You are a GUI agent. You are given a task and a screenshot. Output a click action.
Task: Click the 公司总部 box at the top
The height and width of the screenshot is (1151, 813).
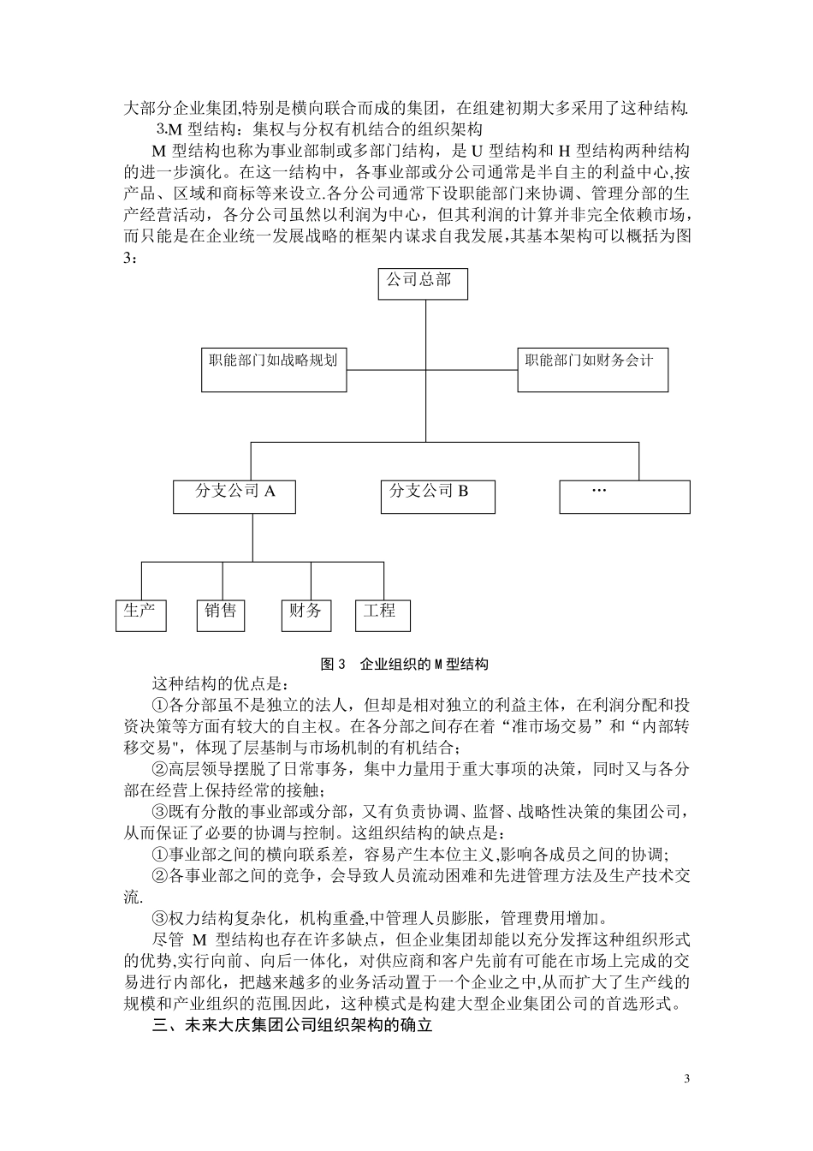(423, 283)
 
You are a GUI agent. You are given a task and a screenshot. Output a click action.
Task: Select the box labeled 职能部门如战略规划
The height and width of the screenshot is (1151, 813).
(274, 369)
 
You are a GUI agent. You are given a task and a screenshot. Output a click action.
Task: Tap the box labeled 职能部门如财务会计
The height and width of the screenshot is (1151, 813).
(592, 369)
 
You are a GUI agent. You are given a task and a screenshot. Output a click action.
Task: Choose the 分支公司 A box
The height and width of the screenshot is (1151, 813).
(235, 496)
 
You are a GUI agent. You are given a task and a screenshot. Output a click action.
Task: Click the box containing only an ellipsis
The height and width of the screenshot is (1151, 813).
(624, 496)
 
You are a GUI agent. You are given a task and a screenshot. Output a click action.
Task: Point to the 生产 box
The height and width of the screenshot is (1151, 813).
(140, 615)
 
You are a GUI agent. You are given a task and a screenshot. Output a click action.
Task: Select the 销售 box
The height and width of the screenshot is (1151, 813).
(221, 615)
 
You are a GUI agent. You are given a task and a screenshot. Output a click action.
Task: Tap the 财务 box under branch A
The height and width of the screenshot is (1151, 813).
(306, 615)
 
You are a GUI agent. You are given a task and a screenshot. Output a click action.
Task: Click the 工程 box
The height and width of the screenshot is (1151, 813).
(382, 615)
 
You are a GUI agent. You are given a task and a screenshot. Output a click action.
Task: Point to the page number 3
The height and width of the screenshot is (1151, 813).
(686, 1077)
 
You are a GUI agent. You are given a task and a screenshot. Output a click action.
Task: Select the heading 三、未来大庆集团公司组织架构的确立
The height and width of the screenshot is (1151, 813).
(292, 1025)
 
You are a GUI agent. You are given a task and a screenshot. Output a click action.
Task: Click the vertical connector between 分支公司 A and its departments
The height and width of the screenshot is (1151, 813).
(252, 538)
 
